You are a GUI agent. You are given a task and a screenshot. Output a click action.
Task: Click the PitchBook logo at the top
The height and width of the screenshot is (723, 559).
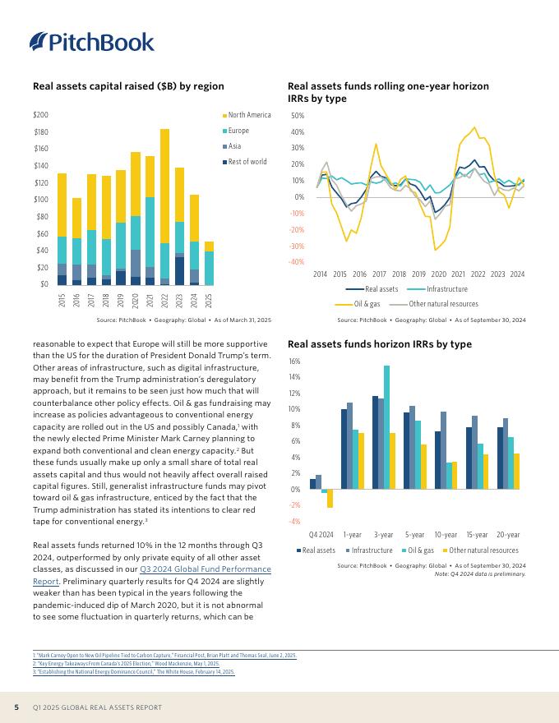click(91, 42)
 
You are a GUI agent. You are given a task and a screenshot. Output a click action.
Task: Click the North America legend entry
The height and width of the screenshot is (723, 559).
click(249, 115)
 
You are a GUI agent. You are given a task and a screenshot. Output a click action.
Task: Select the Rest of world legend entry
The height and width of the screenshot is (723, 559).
click(247, 162)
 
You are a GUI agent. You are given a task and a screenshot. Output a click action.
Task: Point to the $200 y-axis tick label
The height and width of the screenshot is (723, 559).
click(40, 115)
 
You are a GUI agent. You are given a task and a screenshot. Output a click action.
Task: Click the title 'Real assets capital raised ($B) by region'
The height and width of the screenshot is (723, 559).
click(128, 85)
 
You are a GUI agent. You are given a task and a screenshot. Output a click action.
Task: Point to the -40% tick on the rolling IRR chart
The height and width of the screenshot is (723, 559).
click(298, 262)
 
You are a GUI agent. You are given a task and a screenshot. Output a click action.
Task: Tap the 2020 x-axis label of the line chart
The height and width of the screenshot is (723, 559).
click(438, 274)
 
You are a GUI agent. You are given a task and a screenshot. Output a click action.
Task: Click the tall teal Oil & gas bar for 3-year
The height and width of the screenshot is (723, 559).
click(386, 427)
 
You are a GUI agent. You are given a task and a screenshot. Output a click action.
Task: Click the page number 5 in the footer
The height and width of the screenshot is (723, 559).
click(16, 707)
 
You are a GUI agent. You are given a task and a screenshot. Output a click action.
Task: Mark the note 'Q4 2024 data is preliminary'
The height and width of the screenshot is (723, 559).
click(479, 574)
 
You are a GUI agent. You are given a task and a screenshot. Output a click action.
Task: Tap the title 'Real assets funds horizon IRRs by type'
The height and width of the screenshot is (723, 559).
click(380, 344)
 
